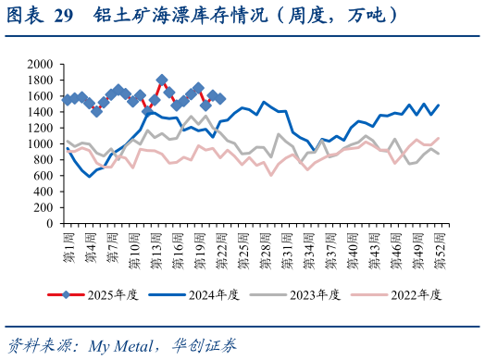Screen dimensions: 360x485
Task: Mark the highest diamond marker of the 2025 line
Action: click(x=162, y=81)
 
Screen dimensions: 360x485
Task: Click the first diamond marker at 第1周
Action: click(x=67, y=99)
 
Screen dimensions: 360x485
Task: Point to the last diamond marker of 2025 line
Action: click(x=220, y=99)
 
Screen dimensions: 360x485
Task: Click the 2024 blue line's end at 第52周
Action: click(x=438, y=106)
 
